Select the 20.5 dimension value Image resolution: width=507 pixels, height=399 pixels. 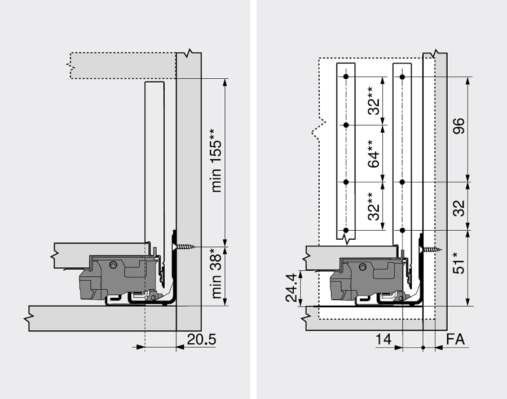tap(201, 340)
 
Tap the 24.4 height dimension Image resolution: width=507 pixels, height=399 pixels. tap(291, 288)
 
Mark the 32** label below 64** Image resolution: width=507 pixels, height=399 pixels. tap(373, 207)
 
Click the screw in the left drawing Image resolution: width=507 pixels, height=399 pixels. tap(186, 246)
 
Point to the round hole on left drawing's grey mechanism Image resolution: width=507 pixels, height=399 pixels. tap(114, 264)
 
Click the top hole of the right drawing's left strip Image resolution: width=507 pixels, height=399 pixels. tap(346, 76)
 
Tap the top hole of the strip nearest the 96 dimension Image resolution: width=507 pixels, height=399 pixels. tap(402, 76)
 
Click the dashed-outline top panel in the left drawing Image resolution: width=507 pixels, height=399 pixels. tap(121, 65)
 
